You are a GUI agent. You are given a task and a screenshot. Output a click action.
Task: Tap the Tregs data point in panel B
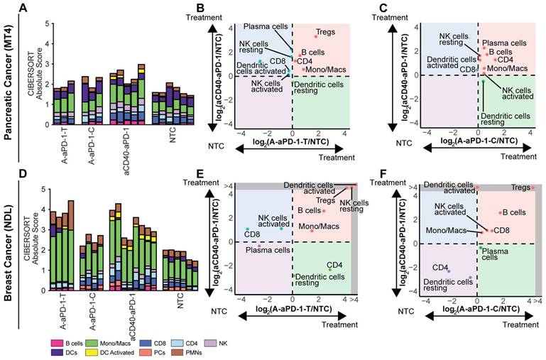[316, 36]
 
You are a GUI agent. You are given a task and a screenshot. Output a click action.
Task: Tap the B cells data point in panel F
[501, 212]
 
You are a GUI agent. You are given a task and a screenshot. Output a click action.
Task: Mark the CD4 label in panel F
[440, 268]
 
